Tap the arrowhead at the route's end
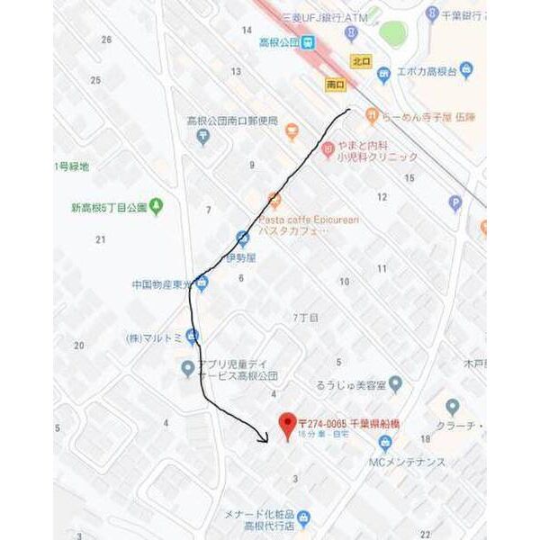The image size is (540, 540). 264,439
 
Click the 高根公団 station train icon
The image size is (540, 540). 308,41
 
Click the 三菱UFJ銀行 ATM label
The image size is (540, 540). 325,17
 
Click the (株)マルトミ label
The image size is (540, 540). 154,339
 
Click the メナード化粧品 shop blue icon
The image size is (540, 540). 303,517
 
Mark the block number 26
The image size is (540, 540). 107,40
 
